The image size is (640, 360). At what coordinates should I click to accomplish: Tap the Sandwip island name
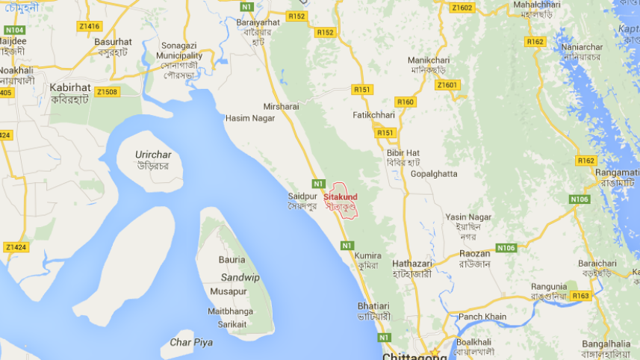tap(240, 277)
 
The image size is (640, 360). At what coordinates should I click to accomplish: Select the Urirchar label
tap(153, 155)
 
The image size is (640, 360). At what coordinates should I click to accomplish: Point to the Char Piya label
tap(191, 342)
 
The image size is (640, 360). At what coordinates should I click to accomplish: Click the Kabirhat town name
tap(70, 87)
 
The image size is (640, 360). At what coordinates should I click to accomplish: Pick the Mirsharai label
tap(280, 107)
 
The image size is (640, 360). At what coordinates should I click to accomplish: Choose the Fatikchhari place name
tap(373, 116)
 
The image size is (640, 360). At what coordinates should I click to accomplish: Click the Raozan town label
tap(475, 254)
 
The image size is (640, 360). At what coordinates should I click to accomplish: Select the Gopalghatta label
tap(434, 173)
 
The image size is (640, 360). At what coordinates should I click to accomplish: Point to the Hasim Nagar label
tap(249, 119)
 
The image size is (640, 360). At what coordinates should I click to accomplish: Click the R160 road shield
tap(406, 102)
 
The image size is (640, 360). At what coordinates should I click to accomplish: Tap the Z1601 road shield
tap(447, 85)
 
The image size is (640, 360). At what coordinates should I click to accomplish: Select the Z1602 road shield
tap(462, 7)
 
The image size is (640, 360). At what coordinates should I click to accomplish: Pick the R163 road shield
tap(581, 296)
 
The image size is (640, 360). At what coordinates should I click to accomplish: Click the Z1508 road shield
tap(107, 92)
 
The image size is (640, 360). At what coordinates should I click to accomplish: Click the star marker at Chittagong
tap(434, 352)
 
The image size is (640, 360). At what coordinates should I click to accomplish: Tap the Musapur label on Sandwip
tap(229, 291)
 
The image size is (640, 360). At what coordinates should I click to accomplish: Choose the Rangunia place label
tap(549, 287)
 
